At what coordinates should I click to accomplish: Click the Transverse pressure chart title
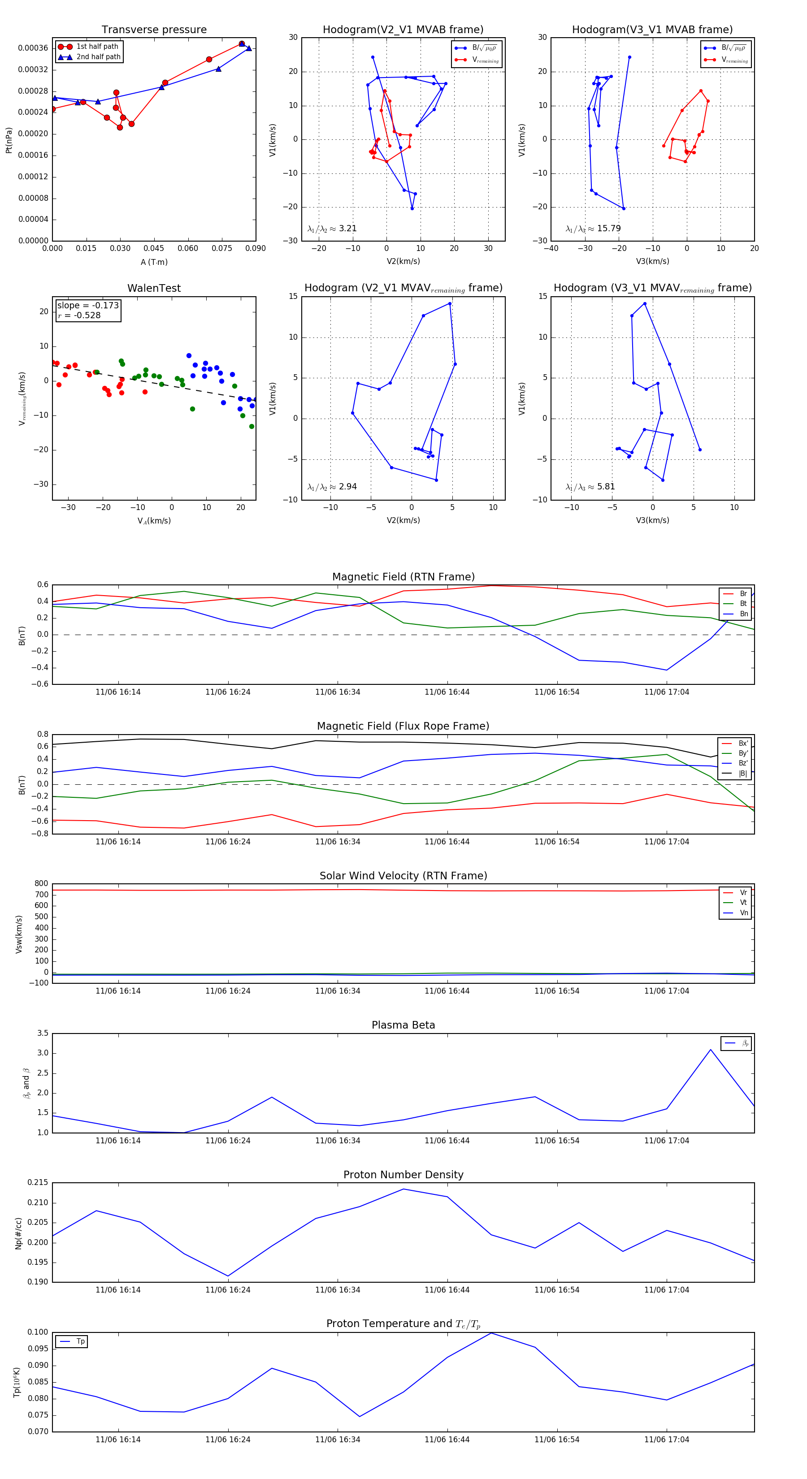coord(154,30)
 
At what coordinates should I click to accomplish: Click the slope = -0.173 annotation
coord(88,306)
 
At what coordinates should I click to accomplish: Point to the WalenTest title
coord(154,288)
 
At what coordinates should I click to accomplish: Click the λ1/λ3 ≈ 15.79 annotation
coord(593,229)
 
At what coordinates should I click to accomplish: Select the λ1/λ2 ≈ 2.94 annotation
coord(332,487)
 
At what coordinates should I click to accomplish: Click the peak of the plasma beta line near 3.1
coord(711,1050)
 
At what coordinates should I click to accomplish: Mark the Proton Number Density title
coord(403,1175)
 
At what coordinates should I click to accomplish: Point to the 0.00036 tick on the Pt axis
coord(33,48)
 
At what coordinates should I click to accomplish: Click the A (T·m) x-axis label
coord(154,262)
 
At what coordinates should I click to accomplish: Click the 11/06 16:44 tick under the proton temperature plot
coord(447,1440)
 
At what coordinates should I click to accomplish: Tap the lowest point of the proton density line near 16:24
coord(228,1276)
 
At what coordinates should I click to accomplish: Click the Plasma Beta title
coord(403,1025)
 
